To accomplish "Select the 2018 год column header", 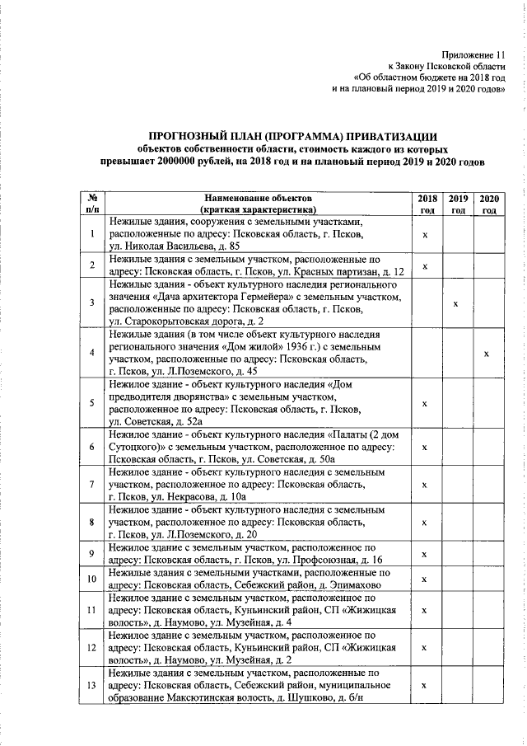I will click(427, 204).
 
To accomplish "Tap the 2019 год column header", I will click(458, 204).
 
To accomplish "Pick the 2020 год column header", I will click(488, 204).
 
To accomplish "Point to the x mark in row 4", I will click(487, 353).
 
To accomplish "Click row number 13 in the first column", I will click(91, 685).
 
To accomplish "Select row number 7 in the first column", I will click(91, 486).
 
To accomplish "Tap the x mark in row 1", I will click(424, 235).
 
